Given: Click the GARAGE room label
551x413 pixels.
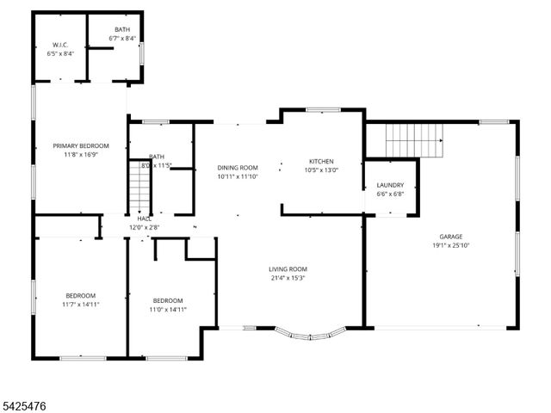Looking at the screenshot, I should pyautogui.click(x=450, y=236).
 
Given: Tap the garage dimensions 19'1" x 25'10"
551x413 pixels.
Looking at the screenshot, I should pyautogui.click(x=450, y=245).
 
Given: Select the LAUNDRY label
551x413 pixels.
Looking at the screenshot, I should pyautogui.click(x=390, y=185).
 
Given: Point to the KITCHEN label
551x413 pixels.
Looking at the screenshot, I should pyautogui.click(x=321, y=161).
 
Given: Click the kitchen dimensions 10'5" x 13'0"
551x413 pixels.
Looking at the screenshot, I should pyautogui.click(x=321, y=170).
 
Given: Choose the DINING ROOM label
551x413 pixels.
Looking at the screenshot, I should pyautogui.click(x=238, y=168).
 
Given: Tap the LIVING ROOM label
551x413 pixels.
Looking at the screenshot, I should pyautogui.click(x=288, y=268).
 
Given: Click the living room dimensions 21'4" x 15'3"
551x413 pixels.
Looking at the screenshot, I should pyautogui.click(x=288, y=278).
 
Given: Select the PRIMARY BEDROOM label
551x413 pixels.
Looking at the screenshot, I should pyautogui.click(x=80, y=146).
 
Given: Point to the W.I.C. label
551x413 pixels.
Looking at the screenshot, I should pyautogui.click(x=60, y=45).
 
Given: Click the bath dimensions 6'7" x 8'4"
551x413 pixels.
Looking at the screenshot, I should pyautogui.click(x=123, y=39).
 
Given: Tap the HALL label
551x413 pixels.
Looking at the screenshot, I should pyautogui.click(x=143, y=219).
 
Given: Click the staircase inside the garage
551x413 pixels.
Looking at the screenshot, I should pyautogui.click(x=413, y=139).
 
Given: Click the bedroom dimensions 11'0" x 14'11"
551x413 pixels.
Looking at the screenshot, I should pyautogui.click(x=168, y=310).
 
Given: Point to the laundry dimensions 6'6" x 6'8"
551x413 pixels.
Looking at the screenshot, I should pyautogui.click(x=390, y=194).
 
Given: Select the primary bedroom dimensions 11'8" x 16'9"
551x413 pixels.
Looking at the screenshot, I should pyautogui.click(x=80, y=156).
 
